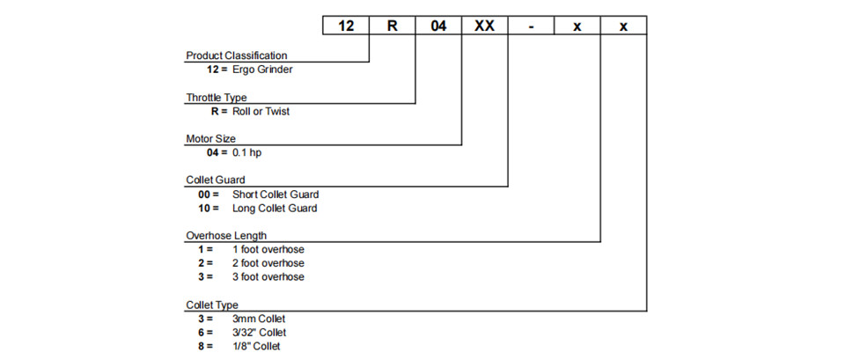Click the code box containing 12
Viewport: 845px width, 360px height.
click(346, 26)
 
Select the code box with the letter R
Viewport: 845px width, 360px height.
click(393, 26)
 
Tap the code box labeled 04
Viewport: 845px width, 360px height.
click(438, 26)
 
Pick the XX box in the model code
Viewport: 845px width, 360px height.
click(485, 26)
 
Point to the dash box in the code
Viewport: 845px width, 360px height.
click(532, 26)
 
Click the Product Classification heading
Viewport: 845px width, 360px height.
click(237, 55)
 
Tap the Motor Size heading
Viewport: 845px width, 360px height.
click(210, 139)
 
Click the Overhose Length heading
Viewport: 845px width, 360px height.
click(226, 236)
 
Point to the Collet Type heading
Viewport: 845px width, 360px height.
click(212, 305)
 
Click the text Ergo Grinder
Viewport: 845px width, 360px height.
click(262, 70)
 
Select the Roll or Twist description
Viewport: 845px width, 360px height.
click(261, 112)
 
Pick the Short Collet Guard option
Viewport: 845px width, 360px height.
click(276, 195)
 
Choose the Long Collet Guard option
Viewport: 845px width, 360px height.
click(275, 209)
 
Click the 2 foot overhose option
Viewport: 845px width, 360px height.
click(268, 263)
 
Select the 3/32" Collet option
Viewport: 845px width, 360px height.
click(259, 333)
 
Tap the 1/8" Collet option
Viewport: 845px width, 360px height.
click(256, 347)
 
